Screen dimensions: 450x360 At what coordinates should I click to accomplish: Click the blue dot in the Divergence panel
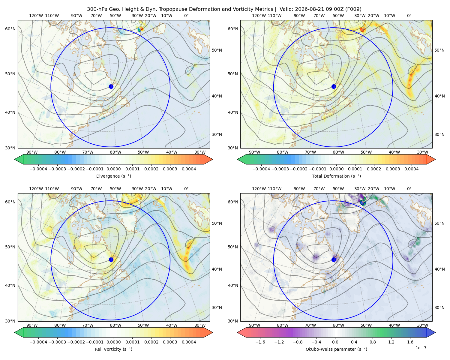pyautogui.click(x=111, y=87)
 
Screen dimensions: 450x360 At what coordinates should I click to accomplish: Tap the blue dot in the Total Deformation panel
pyautogui.click(x=334, y=87)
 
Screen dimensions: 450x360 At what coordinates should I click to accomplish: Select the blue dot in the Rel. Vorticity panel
pyautogui.click(x=111, y=259)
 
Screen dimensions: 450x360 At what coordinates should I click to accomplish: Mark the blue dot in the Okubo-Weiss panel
pyautogui.click(x=334, y=259)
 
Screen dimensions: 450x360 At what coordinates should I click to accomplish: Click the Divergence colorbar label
pyautogui.click(x=113, y=176)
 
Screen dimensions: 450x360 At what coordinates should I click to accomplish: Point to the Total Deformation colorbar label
pyautogui.click(x=336, y=176)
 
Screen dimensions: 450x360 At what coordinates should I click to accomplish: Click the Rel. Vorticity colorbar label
pyautogui.click(x=113, y=349)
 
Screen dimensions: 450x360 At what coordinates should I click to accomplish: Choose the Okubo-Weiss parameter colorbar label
pyautogui.click(x=336, y=349)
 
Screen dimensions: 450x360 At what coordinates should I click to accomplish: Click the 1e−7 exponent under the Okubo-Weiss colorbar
pyautogui.click(x=421, y=348)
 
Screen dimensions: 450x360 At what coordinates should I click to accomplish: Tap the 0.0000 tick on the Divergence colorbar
pyautogui.click(x=113, y=169)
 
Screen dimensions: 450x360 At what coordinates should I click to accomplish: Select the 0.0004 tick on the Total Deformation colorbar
pyautogui.click(x=411, y=169)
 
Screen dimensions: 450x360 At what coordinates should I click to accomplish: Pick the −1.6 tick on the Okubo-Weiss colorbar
pyautogui.click(x=260, y=342)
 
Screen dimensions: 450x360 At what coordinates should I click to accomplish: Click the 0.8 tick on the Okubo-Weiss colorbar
pyautogui.click(x=373, y=342)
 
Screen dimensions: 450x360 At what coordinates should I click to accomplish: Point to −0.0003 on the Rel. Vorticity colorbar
pyautogui.click(x=57, y=342)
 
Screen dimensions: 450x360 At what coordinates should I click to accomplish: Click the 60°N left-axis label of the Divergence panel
pyautogui.click(x=10, y=29)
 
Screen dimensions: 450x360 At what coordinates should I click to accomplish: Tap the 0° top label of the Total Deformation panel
pyautogui.click(x=409, y=16)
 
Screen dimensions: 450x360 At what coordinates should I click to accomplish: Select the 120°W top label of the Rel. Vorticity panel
pyautogui.click(x=36, y=189)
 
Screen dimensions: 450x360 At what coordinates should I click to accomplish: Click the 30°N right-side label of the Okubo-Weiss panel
pyautogui.click(x=439, y=307)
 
